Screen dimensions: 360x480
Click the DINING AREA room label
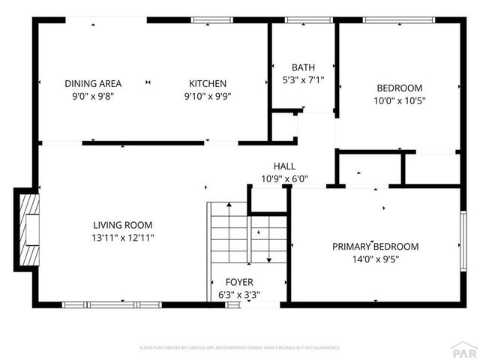tap(93, 84)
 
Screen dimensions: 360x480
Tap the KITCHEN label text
tap(208, 84)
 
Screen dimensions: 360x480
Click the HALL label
tap(284, 166)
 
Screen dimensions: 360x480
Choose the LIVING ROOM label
tap(123, 225)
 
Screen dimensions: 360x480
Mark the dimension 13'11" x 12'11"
tap(123, 238)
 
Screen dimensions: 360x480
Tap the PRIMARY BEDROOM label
tap(376, 247)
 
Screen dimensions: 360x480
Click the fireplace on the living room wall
tap(27, 229)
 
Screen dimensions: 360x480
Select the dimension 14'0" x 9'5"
tap(376, 259)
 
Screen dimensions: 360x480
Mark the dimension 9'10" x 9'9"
tap(208, 96)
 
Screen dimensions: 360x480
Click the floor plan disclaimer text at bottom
tap(240, 348)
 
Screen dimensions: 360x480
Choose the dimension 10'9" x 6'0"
tap(284, 179)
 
